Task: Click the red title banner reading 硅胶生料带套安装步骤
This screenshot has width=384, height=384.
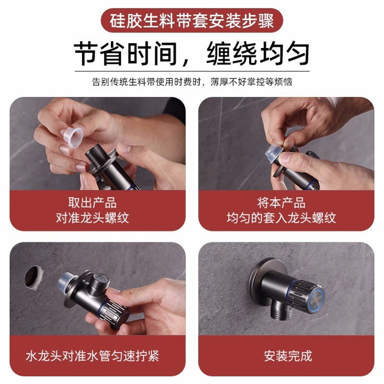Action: click(x=192, y=21)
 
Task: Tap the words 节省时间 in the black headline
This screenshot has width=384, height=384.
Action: click(x=125, y=54)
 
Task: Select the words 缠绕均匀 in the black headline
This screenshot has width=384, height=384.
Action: click(x=258, y=54)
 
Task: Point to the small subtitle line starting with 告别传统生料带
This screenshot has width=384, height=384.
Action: click(x=192, y=82)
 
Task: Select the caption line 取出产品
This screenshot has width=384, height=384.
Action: click(x=92, y=203)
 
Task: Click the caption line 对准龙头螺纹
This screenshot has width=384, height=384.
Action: click(x=92, y=218)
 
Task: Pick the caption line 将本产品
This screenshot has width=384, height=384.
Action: click(x=281, y=203)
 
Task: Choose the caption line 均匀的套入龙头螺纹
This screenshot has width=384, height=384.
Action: click(x=281, y=218)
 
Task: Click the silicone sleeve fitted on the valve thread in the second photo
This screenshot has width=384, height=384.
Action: click(x=274, y=153)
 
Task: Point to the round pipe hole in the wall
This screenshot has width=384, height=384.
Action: click(x=34, y=277)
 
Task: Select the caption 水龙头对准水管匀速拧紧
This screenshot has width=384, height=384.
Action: click(x=92, y=356)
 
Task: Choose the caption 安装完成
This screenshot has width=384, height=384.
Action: click(x=288, y=356)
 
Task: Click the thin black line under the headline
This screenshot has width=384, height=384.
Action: click(x=192, y=71)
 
